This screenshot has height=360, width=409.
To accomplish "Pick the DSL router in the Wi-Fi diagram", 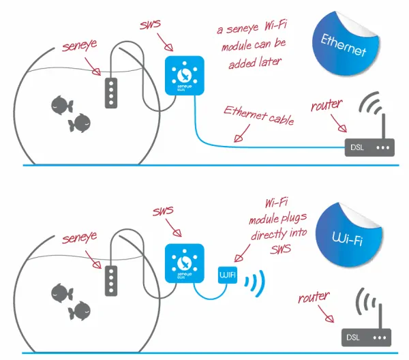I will pos(366,337).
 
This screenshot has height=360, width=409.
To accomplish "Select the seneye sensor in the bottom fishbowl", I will pos(110,277).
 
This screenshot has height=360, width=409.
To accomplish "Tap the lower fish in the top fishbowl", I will pos(80,123).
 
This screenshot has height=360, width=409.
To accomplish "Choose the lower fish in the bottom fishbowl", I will pos(80,310).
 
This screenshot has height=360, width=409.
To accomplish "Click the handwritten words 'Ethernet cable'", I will pos(258,116).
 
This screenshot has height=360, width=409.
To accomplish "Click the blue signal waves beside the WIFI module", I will pos(254,280).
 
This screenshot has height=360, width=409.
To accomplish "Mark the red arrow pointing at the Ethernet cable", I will pos(239,136).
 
